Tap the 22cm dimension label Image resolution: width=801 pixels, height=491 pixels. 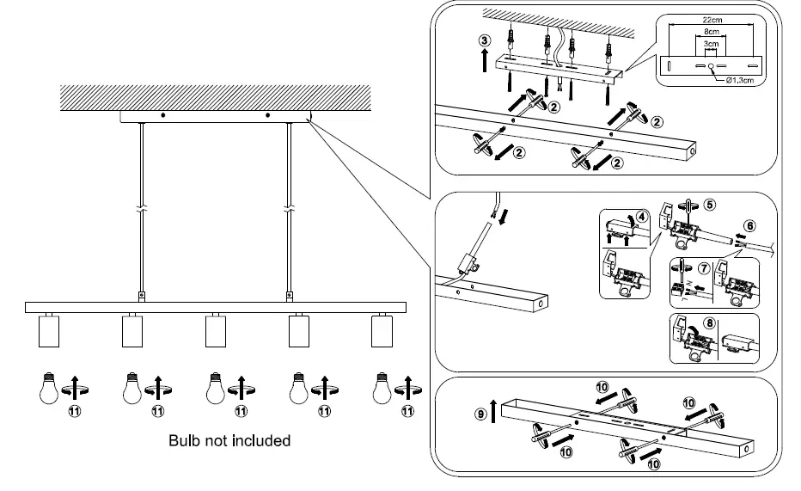[710, 20]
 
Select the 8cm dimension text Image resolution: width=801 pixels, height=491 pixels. [710, 32]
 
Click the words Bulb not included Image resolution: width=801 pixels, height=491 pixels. [229, 440]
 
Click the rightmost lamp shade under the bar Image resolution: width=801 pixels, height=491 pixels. [381, 330]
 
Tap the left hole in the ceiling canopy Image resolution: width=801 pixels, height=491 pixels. [162, 115]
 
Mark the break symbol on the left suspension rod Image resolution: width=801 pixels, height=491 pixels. [141, 209]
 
